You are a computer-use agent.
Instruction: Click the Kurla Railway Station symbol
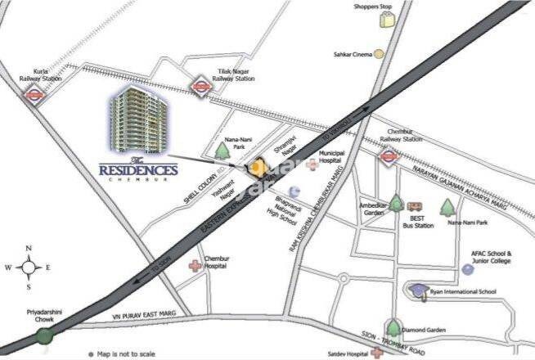pos(34,94)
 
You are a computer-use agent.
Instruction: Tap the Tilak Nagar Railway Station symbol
pos(200,85)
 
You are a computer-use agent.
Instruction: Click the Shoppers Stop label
pos(373,7)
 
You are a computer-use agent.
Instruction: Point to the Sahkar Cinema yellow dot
pos(379,54)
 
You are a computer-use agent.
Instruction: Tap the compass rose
pos(29,267)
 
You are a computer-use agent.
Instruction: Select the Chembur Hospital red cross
pos(195,266)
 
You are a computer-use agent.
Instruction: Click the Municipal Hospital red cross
pos(312,164)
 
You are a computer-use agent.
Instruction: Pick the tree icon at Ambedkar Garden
pos(396,203)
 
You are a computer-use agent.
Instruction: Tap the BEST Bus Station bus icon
pos(415,207)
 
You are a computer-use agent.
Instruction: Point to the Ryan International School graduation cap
pos(418,290)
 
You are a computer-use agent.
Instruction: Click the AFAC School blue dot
pos(467,268)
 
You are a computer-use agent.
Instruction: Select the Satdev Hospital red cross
pos(376,353)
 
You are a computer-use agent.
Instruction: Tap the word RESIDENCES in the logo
pos(138,170)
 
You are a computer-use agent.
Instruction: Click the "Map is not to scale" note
pos(124,353)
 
